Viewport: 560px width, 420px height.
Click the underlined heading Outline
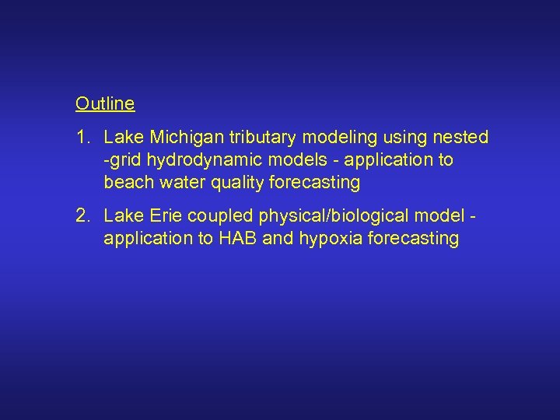point(105,103)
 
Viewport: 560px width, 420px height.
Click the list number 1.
point(82,138)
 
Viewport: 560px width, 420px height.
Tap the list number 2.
point(82,215)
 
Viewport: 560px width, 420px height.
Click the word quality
point(233,183)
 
